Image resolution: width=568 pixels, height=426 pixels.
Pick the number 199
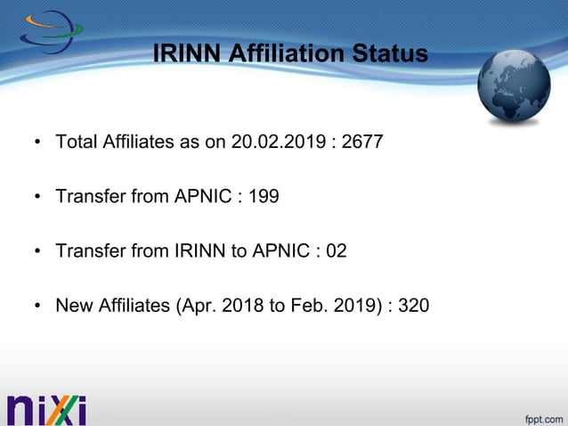(x=264, y=196)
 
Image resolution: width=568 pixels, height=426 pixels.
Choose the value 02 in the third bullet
(x=336, y=251)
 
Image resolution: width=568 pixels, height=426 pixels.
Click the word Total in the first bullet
(x=75, y=142)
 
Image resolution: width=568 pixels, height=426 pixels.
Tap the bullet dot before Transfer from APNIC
(x=37, y=197)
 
